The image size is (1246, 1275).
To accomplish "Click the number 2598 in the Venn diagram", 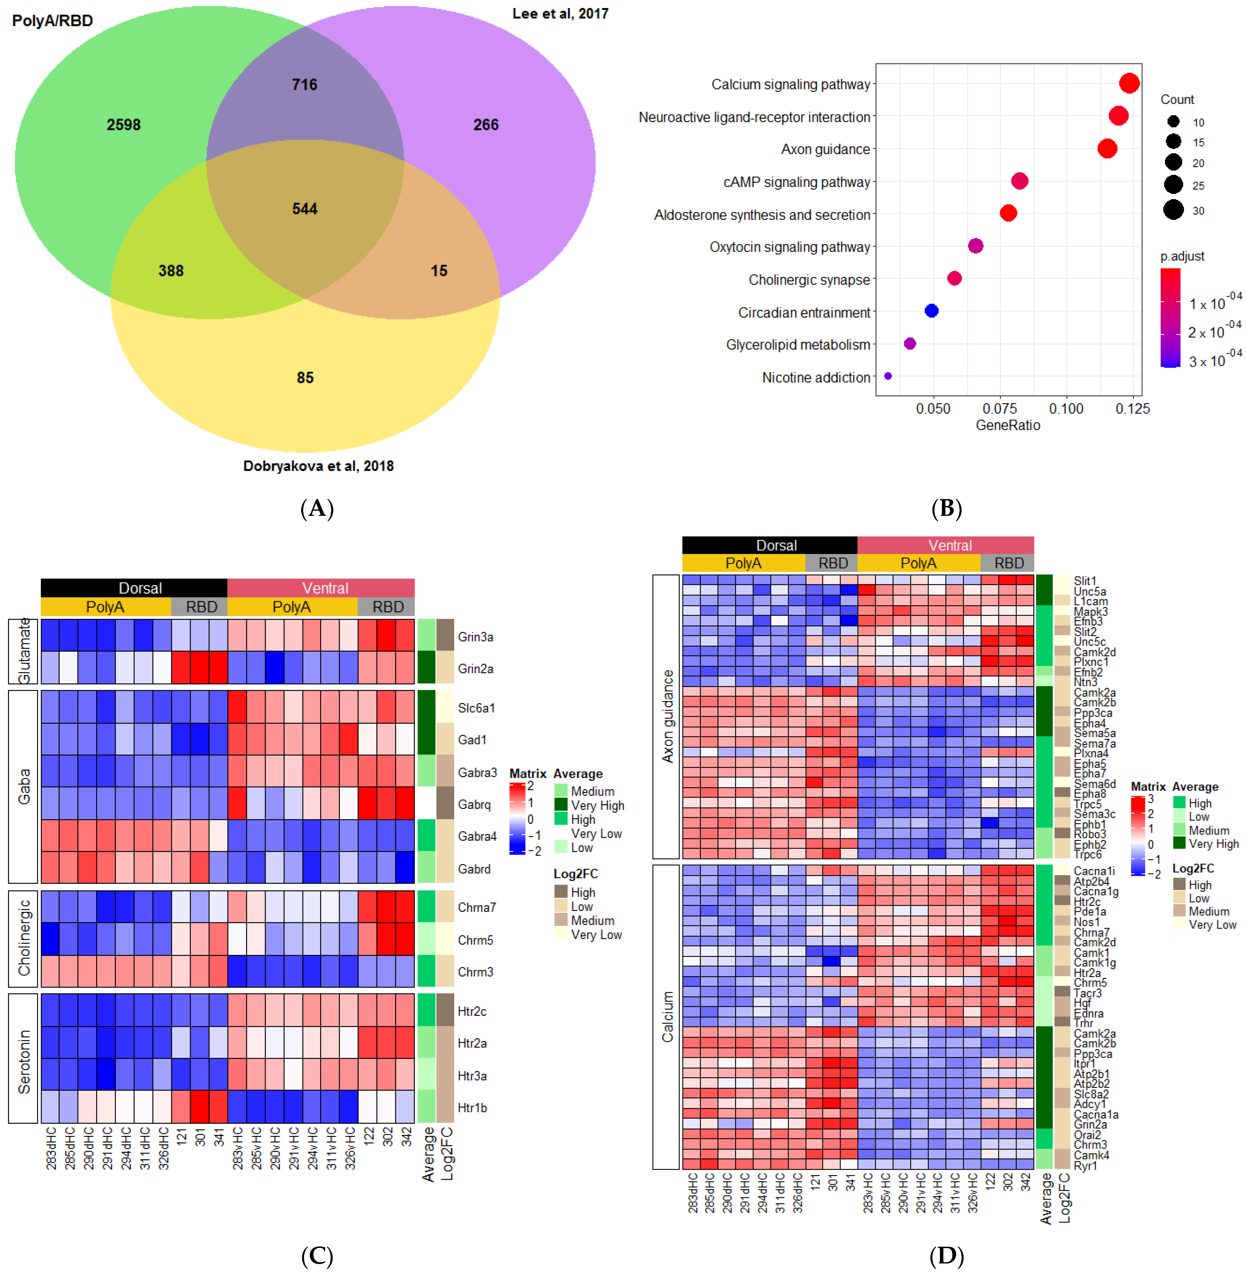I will (x=124, y=124).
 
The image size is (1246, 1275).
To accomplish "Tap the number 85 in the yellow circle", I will (x=305, y=378).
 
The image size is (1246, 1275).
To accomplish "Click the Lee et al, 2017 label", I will (x=560, y=14).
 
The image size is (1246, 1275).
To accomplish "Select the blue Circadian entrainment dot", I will (x=931, y=311).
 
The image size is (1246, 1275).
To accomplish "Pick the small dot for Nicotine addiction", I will (x=888, y=376).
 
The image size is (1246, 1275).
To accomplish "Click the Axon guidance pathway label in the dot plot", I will (x=825, y=149).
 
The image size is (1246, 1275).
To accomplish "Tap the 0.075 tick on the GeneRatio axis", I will (x=999, y=409).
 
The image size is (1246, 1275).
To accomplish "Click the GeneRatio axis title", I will (x=1008, y=425).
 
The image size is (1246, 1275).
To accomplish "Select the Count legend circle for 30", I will (x=1173, y=210).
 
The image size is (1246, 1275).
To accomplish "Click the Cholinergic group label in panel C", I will (x=24, y=938).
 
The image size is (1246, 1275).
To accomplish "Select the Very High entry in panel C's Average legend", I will (x=597, y=805).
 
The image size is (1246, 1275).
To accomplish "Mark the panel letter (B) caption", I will (x=946, y=508).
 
